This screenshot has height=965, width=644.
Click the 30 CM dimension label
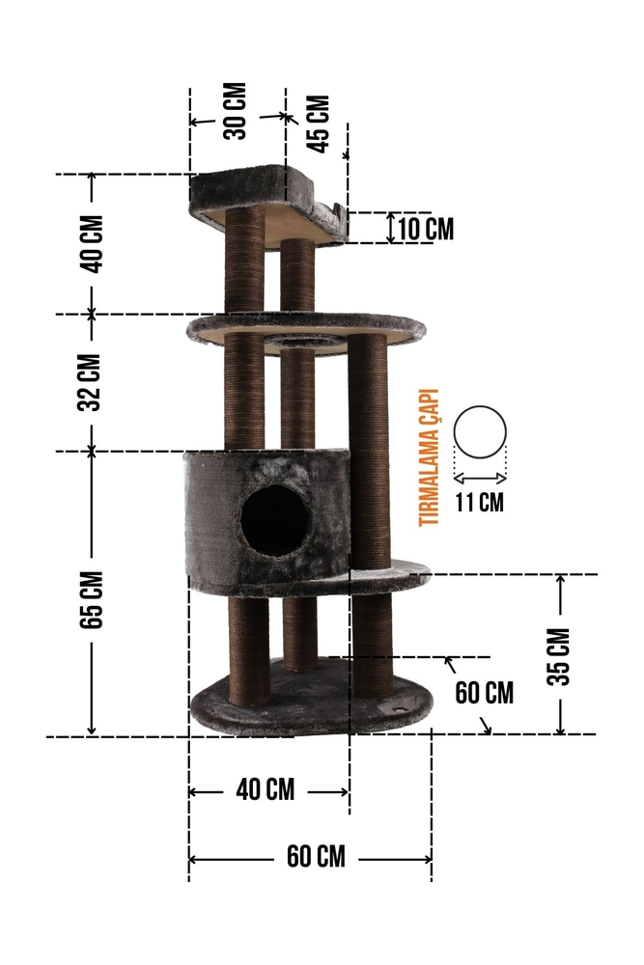pos(238,111)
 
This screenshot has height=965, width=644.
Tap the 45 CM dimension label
pos(319,124)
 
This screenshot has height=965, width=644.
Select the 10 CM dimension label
pos(426,229)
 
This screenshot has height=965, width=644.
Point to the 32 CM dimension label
pos(90,382)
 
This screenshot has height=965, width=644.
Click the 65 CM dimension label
pos(91,600)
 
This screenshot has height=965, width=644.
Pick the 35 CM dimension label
pos(558,656)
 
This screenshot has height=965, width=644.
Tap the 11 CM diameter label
pos(480,502)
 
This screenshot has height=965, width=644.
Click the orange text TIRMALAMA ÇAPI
pos(429,457)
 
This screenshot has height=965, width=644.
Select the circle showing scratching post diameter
pos(480,432)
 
